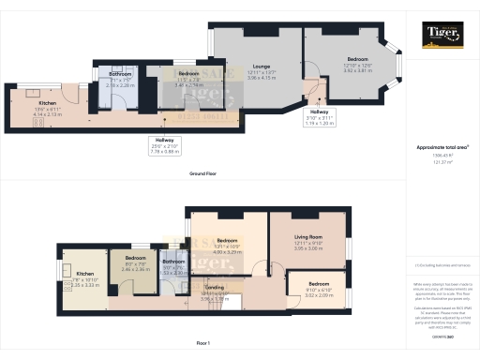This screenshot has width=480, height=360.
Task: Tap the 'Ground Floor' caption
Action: (204, 173)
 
